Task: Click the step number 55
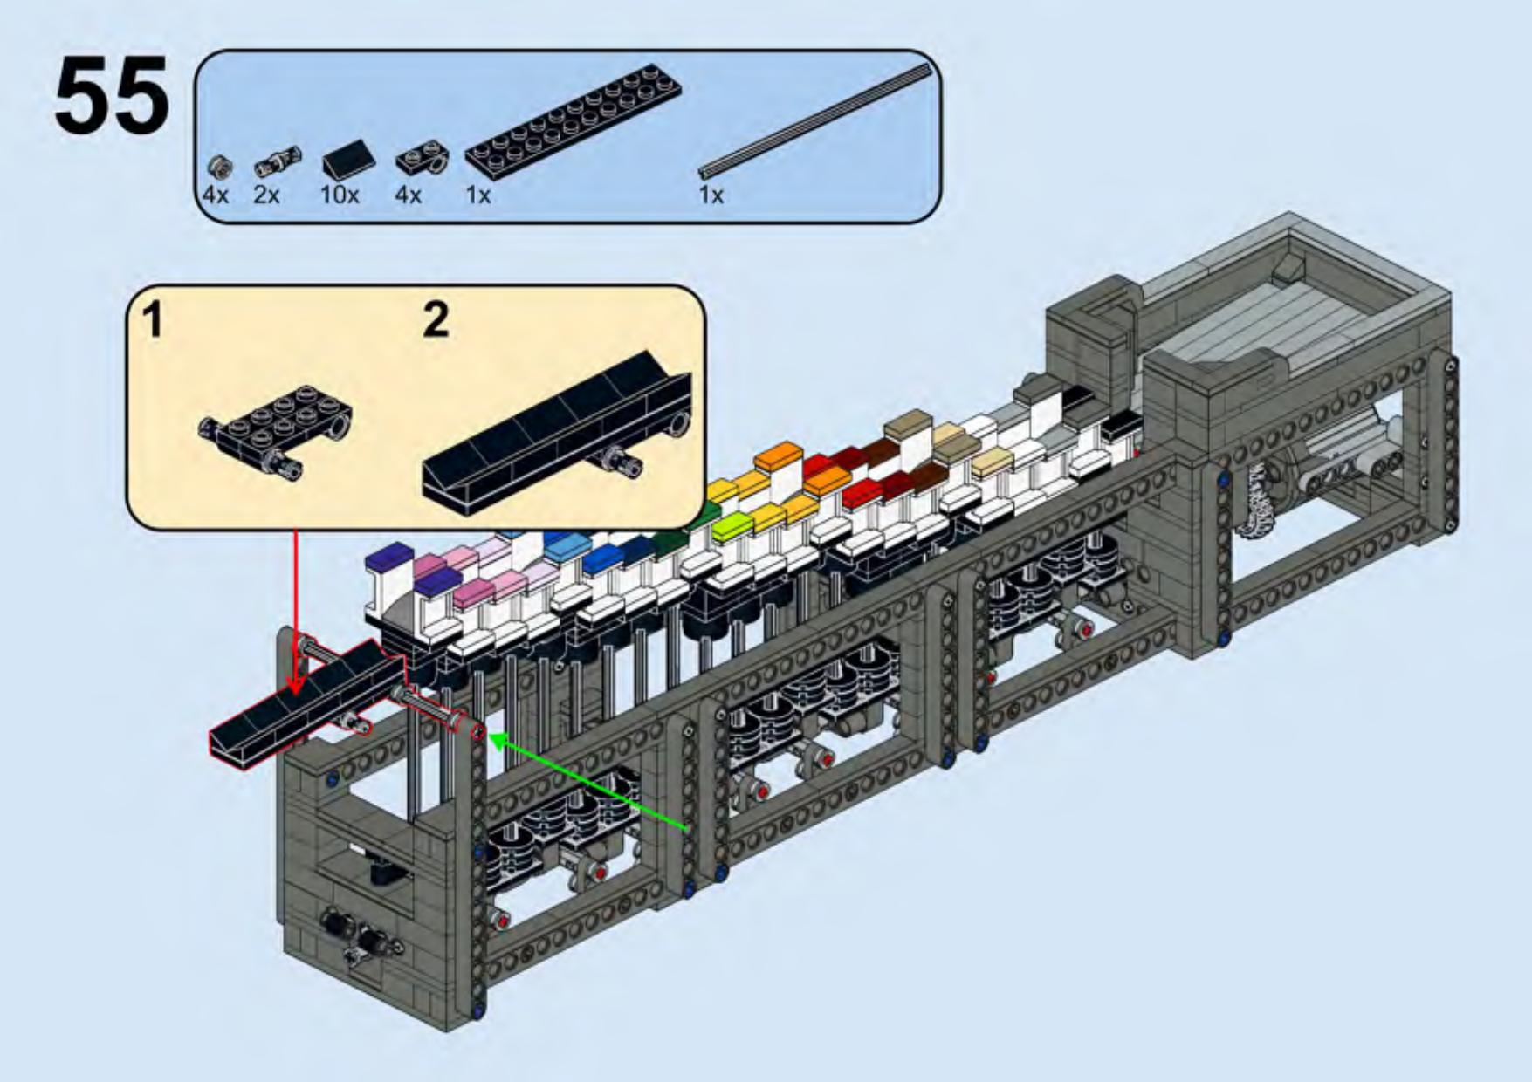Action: pyautogui.click(x=112, y=96)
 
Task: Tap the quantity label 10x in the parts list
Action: pyautogui.click(x=340, y=195)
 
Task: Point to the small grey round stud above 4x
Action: pyautogui.click(x=220, y=165)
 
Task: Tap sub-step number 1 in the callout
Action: pyautogui.click(x=153, y=319)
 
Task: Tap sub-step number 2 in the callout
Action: pyautogui.click(x=435, y=319)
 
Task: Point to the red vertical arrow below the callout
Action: pyautogui.click(x=295, y=611)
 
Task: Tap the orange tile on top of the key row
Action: pyautogui.click(x=778, y=455)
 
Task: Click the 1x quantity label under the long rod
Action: pyautogui.click(x=711, y=195)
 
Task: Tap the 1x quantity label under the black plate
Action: pyautogui.click(x=477, y=195)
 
